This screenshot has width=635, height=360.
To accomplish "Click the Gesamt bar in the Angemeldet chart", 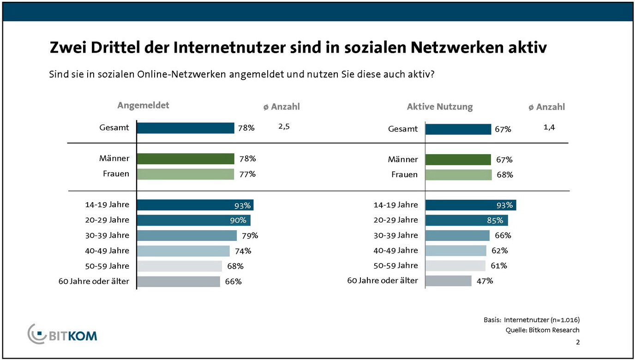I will (x=186, y=128).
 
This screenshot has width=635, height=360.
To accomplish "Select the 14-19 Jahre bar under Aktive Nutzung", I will (x=470, y=205).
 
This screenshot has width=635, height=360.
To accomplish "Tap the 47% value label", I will (x=485, y=281).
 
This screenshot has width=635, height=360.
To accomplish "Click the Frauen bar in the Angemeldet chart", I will (x=186, y=174).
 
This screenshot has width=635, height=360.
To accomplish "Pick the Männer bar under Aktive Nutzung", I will (x=458, y=160).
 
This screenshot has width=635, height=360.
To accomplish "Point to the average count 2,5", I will (x=284, y=127).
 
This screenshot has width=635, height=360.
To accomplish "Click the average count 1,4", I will (x=549, y=127).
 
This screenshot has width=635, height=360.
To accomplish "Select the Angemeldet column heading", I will (x=143, y=105).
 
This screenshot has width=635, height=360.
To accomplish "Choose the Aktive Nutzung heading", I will (x=440, y=107).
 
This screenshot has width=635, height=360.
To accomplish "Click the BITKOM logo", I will (x=63, y=334).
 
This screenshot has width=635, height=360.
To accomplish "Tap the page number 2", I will (x=578, y=342).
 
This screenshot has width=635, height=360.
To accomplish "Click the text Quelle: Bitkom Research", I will (x=542, y=330).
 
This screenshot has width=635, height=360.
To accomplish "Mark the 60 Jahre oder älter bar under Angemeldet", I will (x=179, y=282).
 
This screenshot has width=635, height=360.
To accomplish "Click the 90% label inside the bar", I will (x=238, y=220).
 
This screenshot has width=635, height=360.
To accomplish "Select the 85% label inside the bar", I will (x=495, y=220).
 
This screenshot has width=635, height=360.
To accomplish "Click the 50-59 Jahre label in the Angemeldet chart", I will (x=107, y=266).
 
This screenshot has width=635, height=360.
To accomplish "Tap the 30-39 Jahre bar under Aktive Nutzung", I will (x=457, y=235).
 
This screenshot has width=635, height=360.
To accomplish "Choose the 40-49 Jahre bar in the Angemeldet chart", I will (x=183, y=251).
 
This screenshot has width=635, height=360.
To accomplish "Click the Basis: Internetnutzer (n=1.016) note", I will (x=532, y=320).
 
